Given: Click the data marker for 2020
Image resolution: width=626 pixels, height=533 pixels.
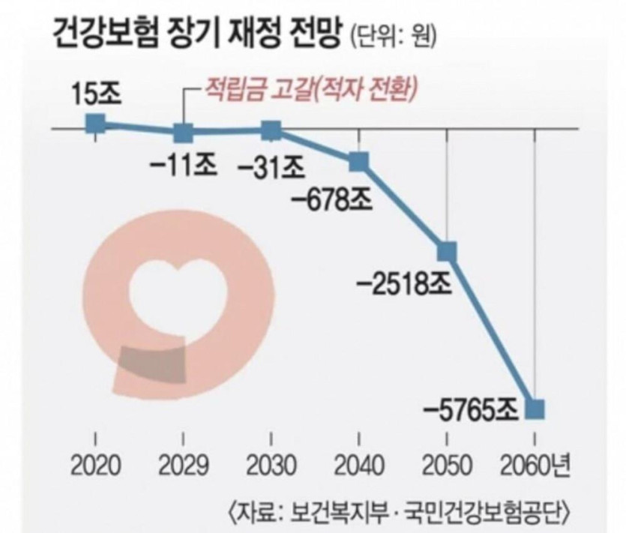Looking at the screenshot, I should pyautogui.click(x=95, y=124).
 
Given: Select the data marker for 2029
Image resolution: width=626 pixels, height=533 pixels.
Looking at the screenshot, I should pyautogui.click(x=183, y=134).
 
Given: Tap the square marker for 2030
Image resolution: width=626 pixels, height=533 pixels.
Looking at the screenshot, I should pyautogui.click(x=271, y=130).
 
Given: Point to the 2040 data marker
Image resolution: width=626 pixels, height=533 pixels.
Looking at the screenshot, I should pyautogui.click(x=358, y=160).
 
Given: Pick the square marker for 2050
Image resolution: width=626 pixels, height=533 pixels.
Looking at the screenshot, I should pyautogui.click(x=447, y=250).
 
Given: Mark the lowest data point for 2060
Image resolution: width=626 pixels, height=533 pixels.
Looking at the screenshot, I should pyautogui.click(x=535, y=409).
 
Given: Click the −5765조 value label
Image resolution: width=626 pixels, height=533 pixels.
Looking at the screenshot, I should pyautogui.click(x=472, y=410).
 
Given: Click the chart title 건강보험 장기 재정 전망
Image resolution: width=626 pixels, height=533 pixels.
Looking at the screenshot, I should pyautogui.click(x=197, y=33).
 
